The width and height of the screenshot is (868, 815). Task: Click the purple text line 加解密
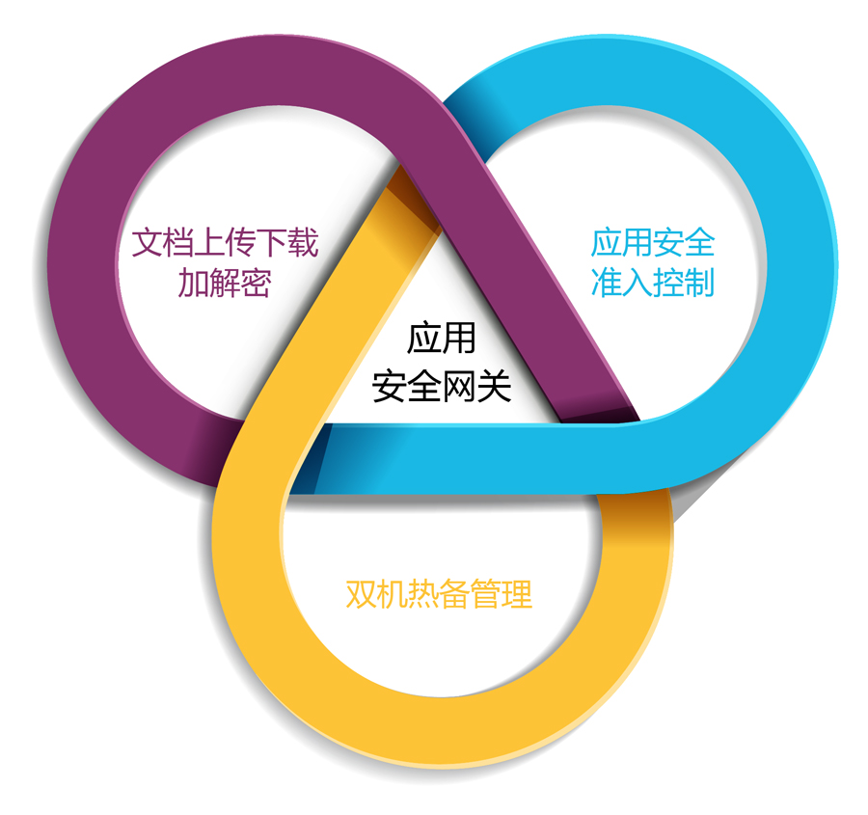(224, 283)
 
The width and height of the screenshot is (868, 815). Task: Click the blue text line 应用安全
(653, 242)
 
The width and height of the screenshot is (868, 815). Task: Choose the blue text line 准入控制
(653, 283)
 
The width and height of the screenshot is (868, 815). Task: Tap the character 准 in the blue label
(606, 283)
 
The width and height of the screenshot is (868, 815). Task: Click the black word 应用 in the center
(442, 340)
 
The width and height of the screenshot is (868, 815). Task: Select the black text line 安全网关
(442, 386)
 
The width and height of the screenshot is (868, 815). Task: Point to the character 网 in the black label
(459, 386)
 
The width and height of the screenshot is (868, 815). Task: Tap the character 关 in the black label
(494, 386)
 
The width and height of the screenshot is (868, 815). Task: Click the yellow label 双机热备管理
(439, 593)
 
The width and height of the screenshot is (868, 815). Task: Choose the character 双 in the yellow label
(361, 593)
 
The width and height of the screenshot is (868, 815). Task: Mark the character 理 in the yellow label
(517, 593)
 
